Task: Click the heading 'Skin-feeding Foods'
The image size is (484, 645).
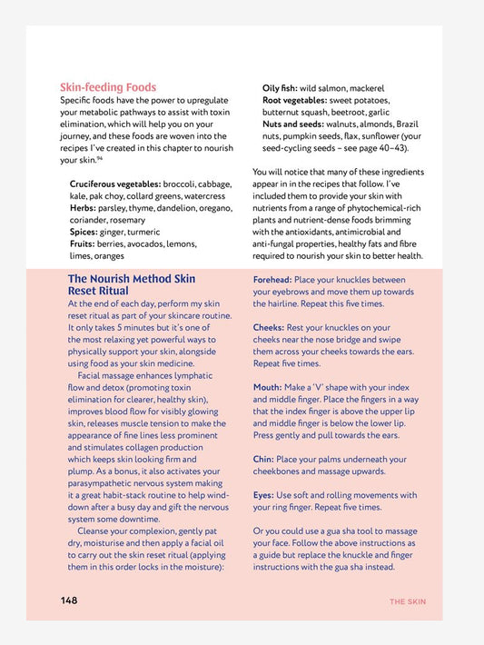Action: pos(108,87)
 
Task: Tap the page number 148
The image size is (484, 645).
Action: pos(69,600)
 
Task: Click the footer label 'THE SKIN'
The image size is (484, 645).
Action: pos(407,601)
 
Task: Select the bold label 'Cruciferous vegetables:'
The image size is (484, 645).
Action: pos(117,184)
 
